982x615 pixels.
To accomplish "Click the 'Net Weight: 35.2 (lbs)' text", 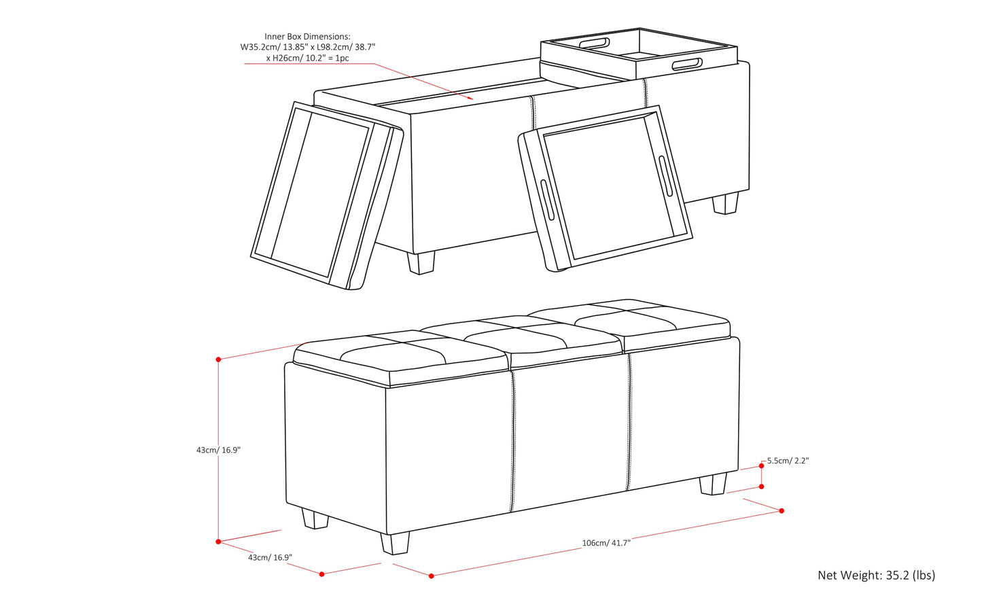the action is pos(876,575).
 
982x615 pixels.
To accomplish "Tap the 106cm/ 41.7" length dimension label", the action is pos(606,543).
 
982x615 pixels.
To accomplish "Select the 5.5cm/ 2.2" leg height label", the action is pos(788,461).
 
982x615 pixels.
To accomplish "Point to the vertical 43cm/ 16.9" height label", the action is pos(218,450).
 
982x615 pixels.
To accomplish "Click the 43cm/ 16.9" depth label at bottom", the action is pos(270,557).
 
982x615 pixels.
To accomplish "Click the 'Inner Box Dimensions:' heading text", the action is pos(307,37).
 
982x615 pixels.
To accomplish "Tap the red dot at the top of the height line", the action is pos(218,359).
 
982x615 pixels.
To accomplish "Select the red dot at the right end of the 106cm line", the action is pos(782,510).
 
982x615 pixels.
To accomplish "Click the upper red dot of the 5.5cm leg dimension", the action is pos(762,465).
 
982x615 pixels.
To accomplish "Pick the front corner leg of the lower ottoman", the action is pos(395,543).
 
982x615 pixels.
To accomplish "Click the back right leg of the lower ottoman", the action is pos(713,483).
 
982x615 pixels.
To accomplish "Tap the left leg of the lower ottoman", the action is pos(315,519).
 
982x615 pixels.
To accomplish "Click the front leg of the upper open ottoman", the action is pos(421,262).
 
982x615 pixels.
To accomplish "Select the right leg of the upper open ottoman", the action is pos(726,203).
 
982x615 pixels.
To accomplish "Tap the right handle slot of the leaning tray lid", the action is pos(665,175).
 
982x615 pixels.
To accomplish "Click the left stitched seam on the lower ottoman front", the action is pos(512,442).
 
